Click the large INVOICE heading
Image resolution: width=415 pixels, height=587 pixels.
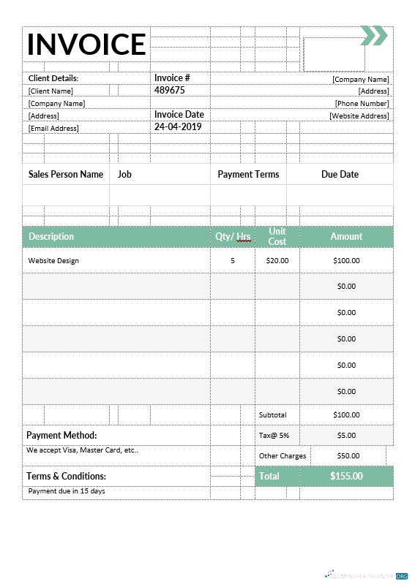(86, 45)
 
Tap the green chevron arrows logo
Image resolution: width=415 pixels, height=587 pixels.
(373, 35)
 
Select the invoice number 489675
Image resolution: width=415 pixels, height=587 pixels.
(169, 91)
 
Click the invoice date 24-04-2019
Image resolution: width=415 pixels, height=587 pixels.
(177, 126)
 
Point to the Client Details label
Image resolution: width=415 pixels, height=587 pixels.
(53, 78)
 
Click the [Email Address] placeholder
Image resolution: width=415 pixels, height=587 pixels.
(53, 129)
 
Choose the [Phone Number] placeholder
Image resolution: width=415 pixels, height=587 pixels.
(362, 104)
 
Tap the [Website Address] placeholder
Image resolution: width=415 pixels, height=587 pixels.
(359, 116)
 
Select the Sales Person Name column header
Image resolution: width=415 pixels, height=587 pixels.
(66, 175)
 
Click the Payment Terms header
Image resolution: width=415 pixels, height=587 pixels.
(248, 175)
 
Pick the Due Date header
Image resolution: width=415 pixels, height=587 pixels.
(340, 175)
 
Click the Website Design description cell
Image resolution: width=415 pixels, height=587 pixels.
(53, 261)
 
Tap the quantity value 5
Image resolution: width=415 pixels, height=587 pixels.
(233, 261)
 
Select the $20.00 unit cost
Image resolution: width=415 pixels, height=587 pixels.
(277, 261)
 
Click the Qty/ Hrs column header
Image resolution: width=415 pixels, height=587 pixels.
(233, 237)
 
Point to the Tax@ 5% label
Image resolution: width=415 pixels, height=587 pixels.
(274, 436)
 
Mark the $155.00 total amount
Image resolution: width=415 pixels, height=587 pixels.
(346, 477)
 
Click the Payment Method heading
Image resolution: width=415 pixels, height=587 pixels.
(61, 436)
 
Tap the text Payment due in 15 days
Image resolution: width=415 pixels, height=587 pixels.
(67, 491)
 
